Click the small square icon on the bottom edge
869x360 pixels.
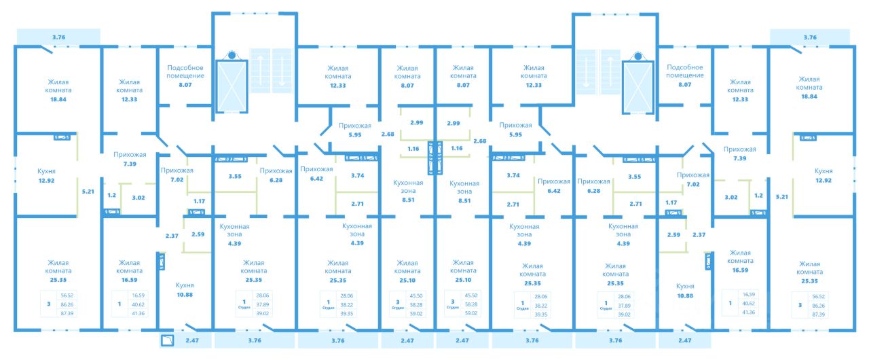pos(168,341)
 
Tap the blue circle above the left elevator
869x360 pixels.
pos(232,55)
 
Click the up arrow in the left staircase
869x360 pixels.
pos(261,71)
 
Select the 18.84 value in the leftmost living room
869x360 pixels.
pos(59,98)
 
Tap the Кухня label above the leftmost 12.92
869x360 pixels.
pos(46,171)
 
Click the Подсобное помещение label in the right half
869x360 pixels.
pos(684,71)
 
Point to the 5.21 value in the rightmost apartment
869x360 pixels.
pos(781,197)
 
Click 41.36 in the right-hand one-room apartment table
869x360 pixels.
pos(749,312)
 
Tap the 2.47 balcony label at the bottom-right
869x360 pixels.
pos(684,341)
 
